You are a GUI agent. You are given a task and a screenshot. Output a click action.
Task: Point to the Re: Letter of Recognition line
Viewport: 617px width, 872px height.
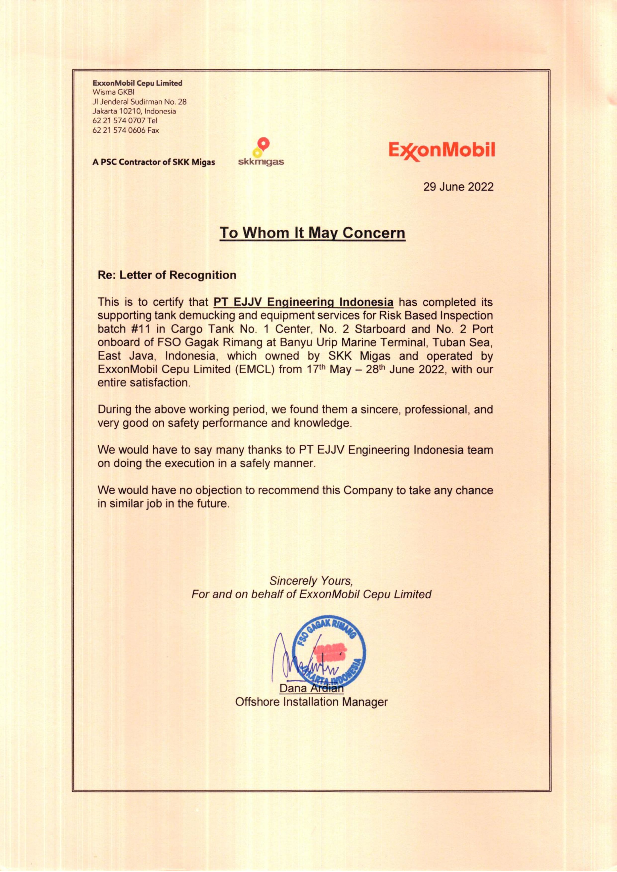(167, 275)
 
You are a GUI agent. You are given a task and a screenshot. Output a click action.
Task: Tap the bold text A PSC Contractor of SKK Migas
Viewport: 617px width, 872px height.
(153, 163)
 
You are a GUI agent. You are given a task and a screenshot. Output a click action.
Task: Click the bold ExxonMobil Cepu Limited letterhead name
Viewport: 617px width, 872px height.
(137, 83)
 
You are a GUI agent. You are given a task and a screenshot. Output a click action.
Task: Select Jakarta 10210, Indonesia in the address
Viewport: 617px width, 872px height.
(134, 111)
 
